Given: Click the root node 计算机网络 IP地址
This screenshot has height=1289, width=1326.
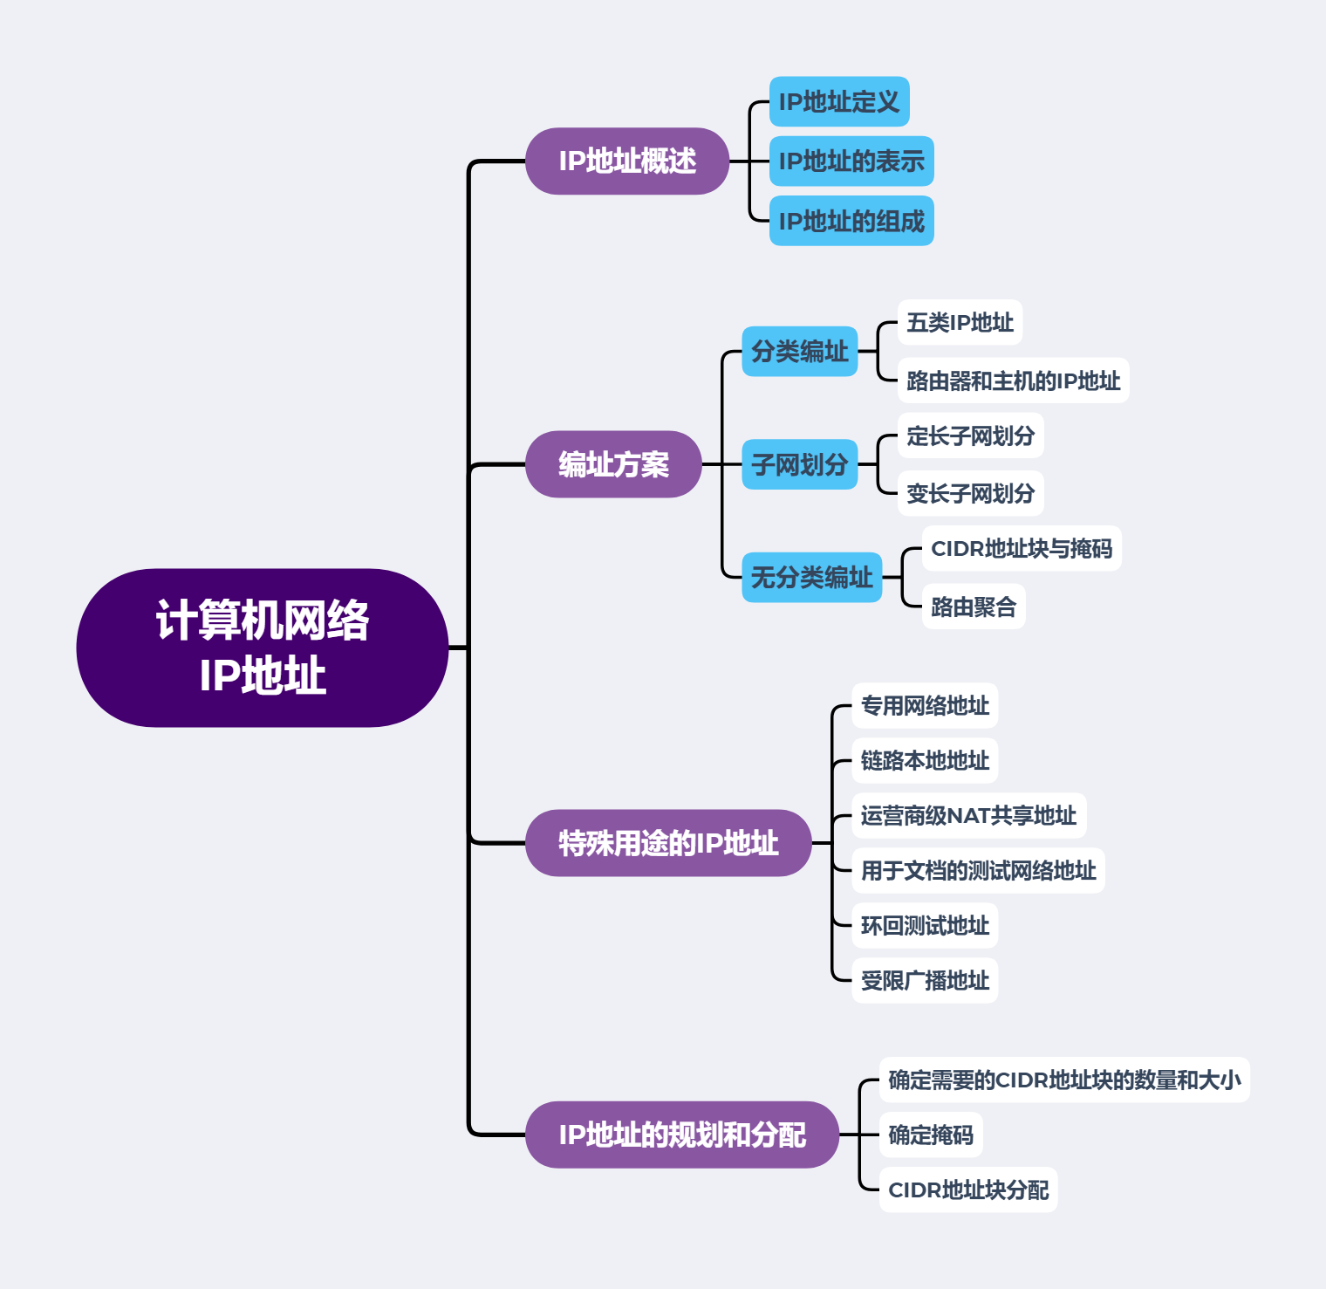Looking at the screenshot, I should (x=262, y=648).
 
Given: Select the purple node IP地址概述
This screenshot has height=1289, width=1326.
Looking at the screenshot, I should (x=626, y=161).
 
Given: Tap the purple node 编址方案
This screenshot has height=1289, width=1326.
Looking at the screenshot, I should (x=613, y=464).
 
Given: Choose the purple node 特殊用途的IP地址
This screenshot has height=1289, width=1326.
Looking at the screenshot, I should (x=668, y=843).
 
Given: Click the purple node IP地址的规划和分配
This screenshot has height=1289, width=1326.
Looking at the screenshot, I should (x=681, y=1135).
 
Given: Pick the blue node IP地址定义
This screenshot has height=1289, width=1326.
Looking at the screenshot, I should (x=838, y=102).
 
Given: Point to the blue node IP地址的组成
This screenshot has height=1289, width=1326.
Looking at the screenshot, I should (x=851, y=221).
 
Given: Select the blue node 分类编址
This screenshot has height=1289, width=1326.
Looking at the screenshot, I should (x=799, y=352).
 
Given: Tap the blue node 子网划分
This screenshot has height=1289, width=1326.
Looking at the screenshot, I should (x=799, y=464).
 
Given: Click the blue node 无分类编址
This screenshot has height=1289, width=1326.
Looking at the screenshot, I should (x=811, y=577).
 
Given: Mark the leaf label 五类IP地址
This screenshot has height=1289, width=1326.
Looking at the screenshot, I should (x=960, y=323).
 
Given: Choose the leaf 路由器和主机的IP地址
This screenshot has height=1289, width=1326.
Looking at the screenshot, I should (x=1013, y=381).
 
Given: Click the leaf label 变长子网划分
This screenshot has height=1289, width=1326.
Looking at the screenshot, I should (x=970, y=494).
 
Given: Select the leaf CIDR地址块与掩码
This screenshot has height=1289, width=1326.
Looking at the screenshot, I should (x=1021, y=549).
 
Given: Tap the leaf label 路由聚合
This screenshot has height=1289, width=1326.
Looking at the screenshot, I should (x=973, y=607).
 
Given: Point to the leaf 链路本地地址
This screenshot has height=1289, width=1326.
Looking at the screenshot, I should (x=924, y=761).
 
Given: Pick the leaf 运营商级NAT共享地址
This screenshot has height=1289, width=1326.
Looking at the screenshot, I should (x=968, y=816).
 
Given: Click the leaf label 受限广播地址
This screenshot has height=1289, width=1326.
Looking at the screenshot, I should (x=924, y=981).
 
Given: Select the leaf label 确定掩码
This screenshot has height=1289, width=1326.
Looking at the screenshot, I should (x=930, y=1135).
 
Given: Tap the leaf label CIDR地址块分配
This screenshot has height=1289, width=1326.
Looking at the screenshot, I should (x=967, y=1190).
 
